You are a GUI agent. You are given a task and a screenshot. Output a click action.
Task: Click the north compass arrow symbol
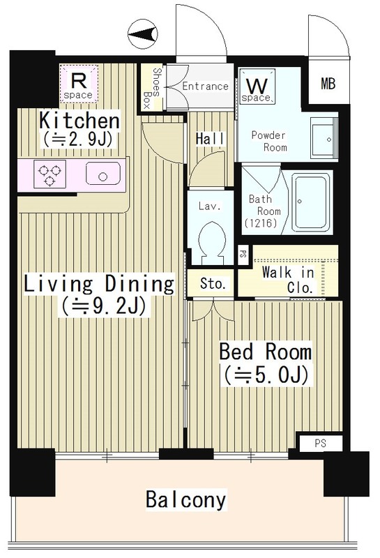point(144,33)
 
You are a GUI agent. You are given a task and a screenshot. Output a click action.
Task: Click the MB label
point(328,85)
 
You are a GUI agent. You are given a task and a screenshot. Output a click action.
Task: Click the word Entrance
point(205,86)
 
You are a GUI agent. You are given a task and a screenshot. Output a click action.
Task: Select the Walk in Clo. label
point(289,279)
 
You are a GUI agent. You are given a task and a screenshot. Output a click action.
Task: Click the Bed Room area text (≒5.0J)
point(265,375)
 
